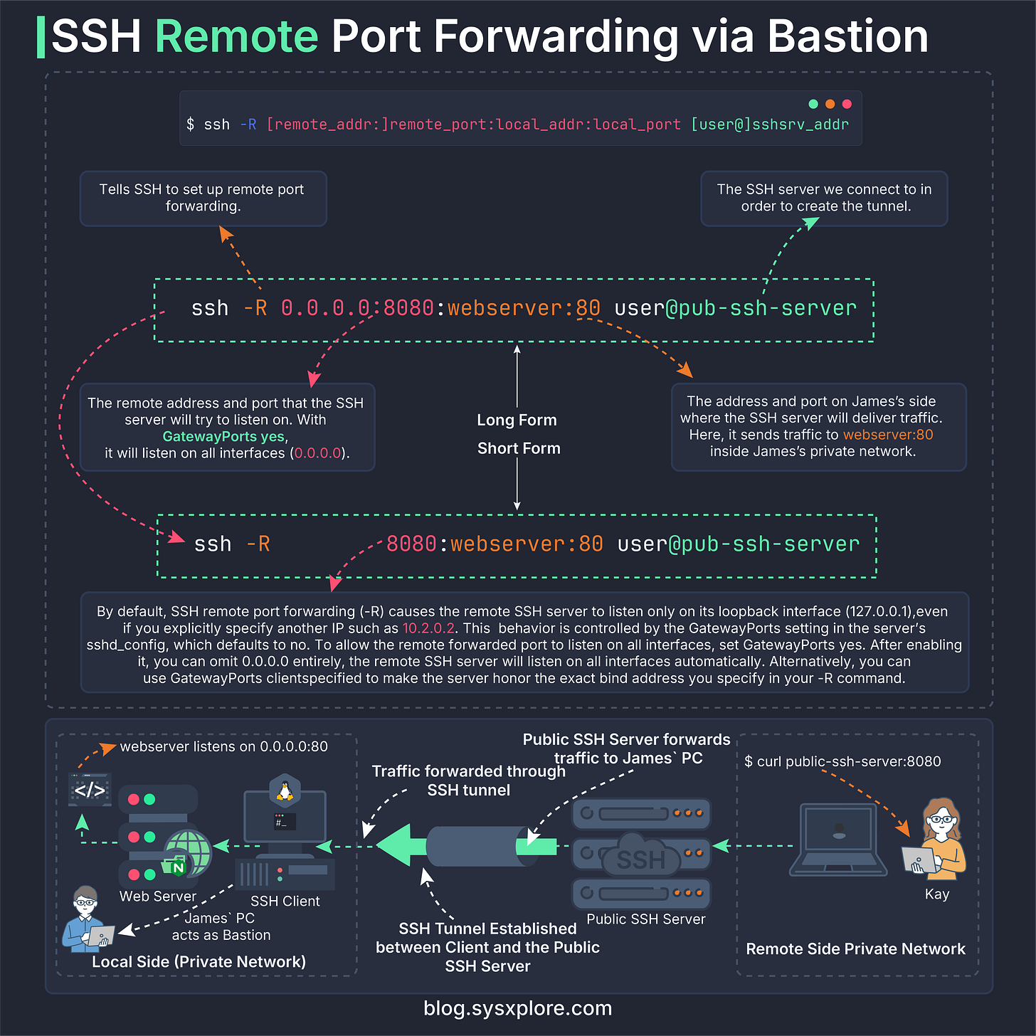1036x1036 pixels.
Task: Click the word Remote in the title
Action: click(236, 36)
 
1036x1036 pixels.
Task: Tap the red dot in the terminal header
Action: click(847, 104)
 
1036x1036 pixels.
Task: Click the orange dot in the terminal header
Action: click(830, 104)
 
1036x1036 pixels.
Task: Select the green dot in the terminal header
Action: click(813, 104)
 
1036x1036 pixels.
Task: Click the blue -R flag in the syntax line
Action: click(248, 125)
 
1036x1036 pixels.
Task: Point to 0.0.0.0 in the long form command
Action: click(326, 308)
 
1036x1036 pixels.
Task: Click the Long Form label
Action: click(517, 420)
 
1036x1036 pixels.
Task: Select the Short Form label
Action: click(519, 448)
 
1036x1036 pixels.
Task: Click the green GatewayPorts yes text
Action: click(223, 436)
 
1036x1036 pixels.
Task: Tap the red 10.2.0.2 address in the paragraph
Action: click(428, 628)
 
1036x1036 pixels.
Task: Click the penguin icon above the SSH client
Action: click(285, 791)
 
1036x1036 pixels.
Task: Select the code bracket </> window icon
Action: click(90, 790)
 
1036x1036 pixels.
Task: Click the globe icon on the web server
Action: click(188, 852)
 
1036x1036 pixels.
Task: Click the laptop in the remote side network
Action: click(838, 840)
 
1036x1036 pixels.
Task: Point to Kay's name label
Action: click(937, 894)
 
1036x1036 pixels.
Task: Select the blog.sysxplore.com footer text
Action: click(518, 1008)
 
